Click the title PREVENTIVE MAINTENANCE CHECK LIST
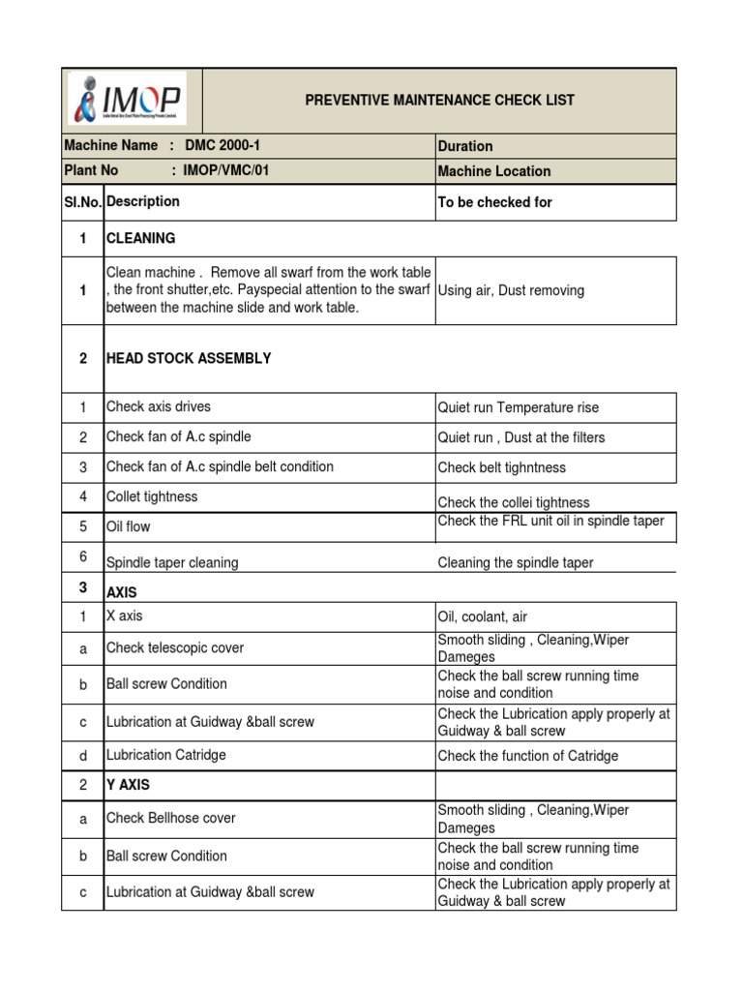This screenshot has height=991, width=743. click(439, 100)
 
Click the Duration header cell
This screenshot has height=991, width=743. click(465, 146)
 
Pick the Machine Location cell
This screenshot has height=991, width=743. click(494, 171)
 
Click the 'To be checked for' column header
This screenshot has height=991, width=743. click(495, 202)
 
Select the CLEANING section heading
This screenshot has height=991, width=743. click(141, 238)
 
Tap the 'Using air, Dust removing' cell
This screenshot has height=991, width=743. click(511, 290)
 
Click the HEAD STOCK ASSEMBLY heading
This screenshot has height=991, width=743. click(189, 358)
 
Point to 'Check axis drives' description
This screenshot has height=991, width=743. click(159, 406)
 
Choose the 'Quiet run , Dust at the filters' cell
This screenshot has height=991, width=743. click(521, 437)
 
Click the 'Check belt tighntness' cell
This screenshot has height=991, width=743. click(502, 467)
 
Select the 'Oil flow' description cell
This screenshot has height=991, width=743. click(129, 526)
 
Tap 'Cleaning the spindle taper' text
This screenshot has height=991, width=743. click(516, 562)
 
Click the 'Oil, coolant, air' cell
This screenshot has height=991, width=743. click(483, 616)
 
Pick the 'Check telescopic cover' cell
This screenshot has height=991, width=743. click(175, 647)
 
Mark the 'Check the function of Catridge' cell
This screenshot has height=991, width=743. click(528, 756)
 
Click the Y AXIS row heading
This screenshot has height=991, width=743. click(128, 784)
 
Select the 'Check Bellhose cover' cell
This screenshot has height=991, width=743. click(171, 818)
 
